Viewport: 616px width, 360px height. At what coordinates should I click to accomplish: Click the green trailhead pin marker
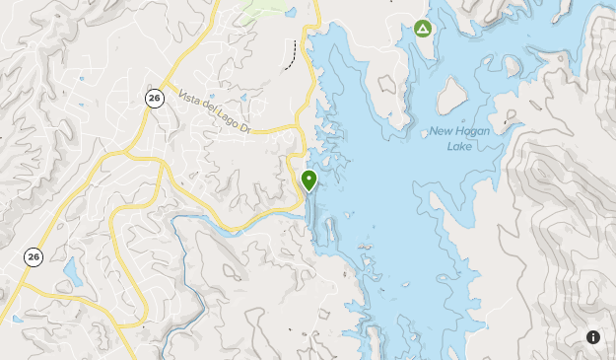[309, 179]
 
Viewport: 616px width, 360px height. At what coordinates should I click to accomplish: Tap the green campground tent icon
[423, 29]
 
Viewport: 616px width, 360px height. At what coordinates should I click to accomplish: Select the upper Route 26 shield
[153, 97]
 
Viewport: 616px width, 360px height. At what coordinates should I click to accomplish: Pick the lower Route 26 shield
[34, 256]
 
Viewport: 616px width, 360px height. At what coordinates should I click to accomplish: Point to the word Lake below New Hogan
[460, 146]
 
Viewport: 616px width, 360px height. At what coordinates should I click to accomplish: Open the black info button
[593, 337]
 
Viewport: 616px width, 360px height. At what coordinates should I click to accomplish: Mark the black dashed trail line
[292, 55]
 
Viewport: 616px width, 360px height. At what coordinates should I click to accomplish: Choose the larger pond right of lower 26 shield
[72, 272]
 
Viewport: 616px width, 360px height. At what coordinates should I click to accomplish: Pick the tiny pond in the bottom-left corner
[16, 319]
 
